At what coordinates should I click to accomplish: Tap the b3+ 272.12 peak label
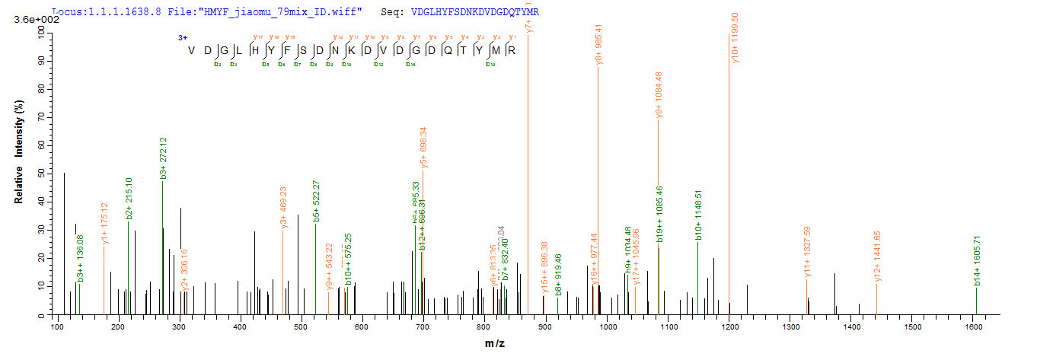[163, 158]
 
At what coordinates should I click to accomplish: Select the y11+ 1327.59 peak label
[807, 252]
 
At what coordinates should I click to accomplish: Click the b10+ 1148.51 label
[697, 215]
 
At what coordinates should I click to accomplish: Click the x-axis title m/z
[495, 344]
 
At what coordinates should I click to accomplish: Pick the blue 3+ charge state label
[183, 37]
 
